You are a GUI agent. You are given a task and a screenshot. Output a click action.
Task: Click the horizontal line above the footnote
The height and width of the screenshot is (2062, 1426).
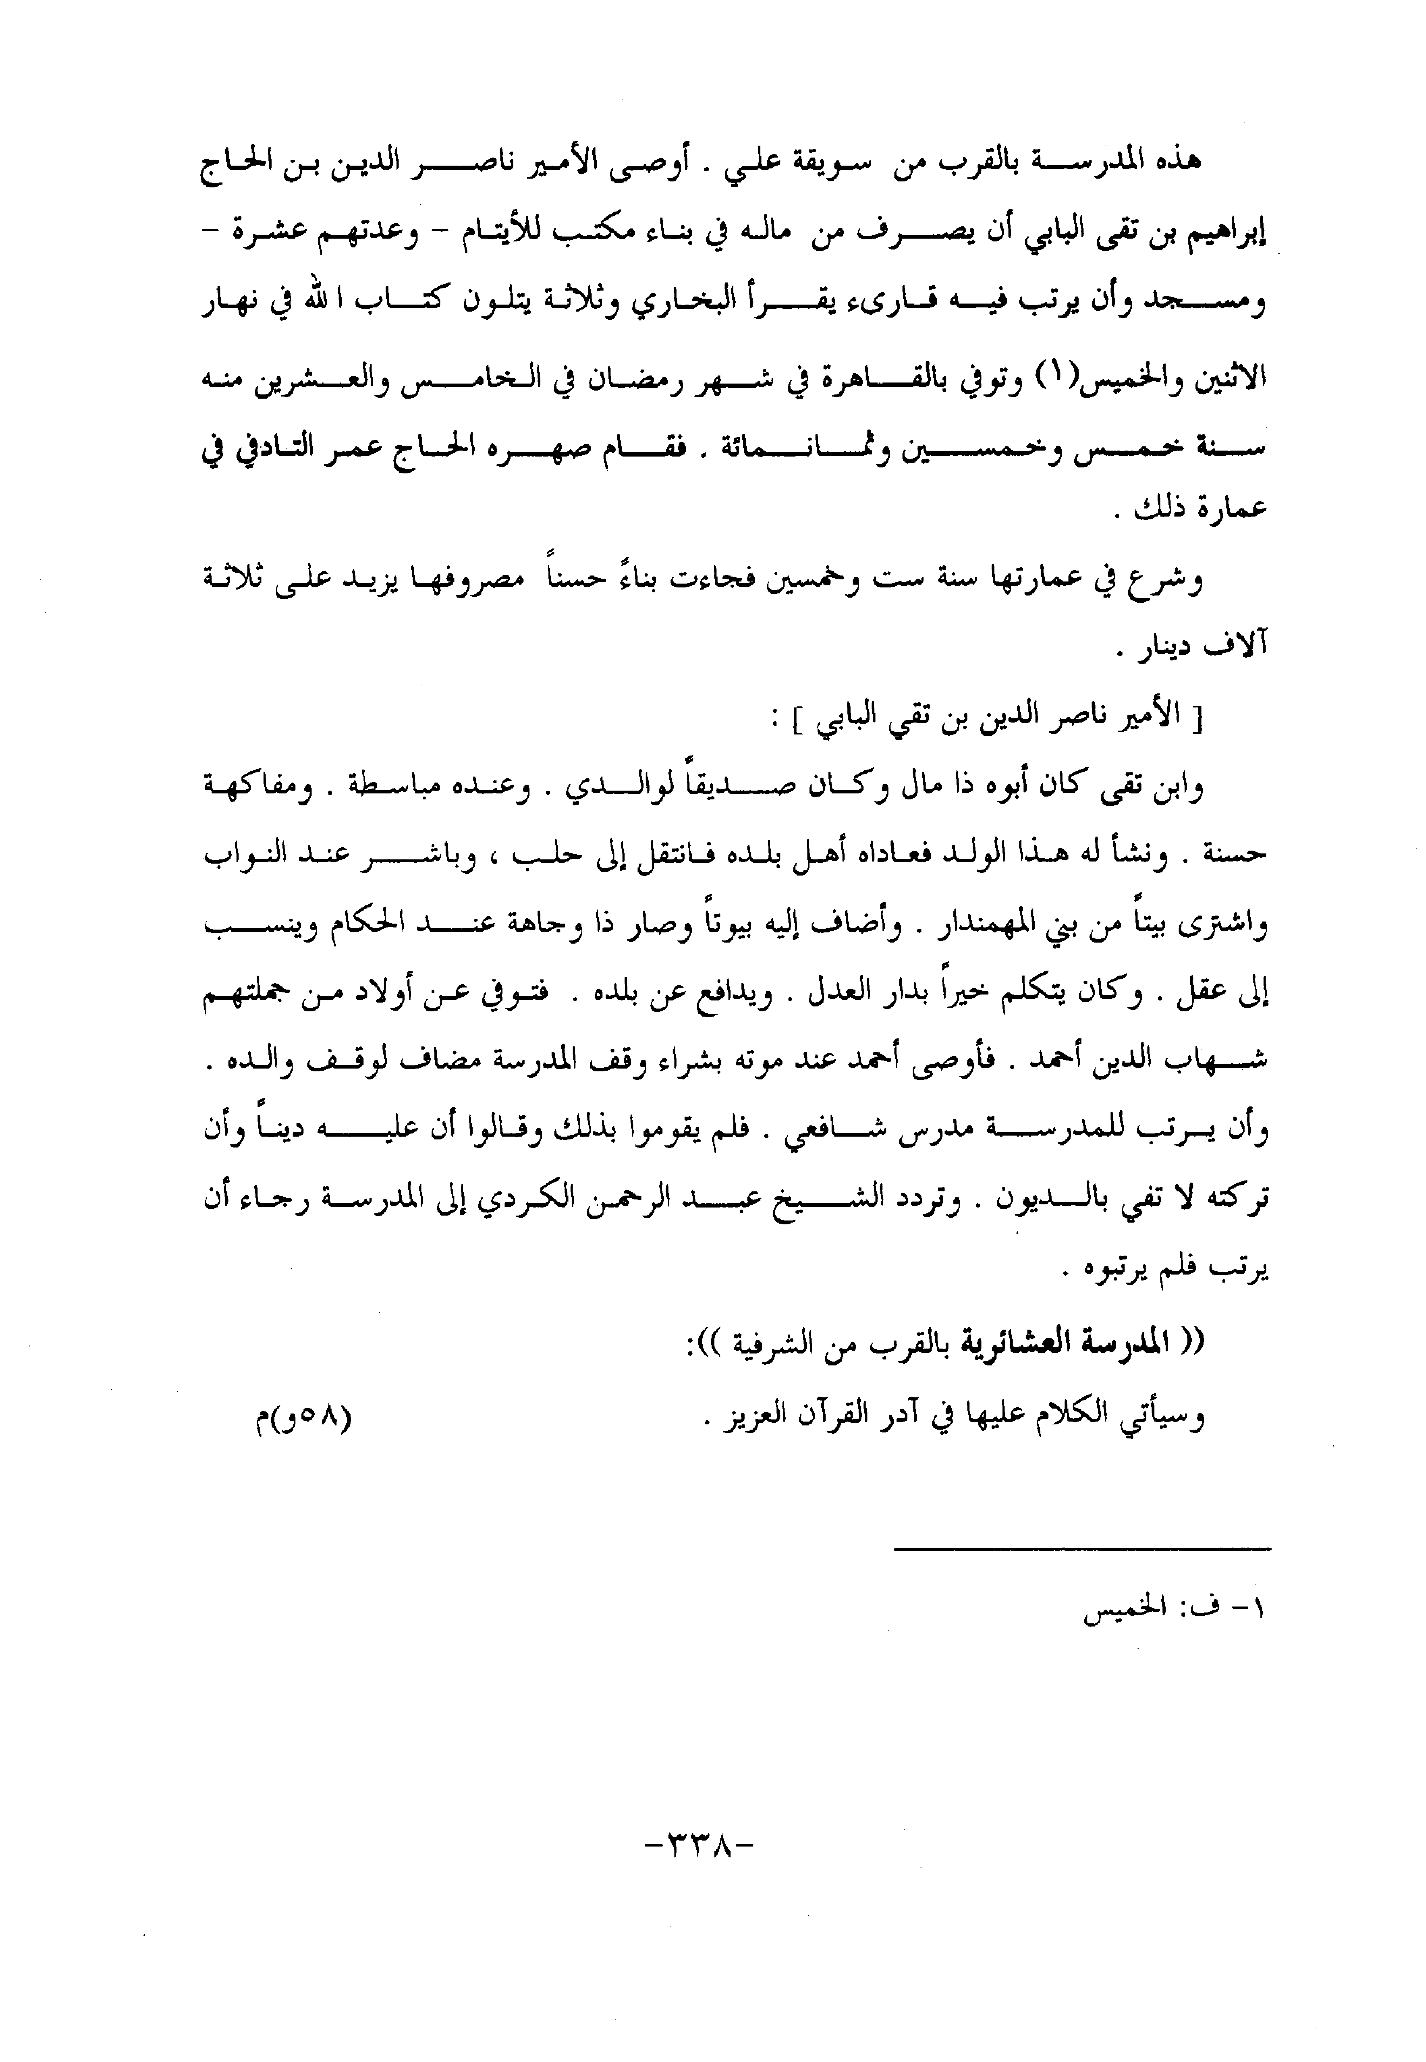coord(1081,1548)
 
